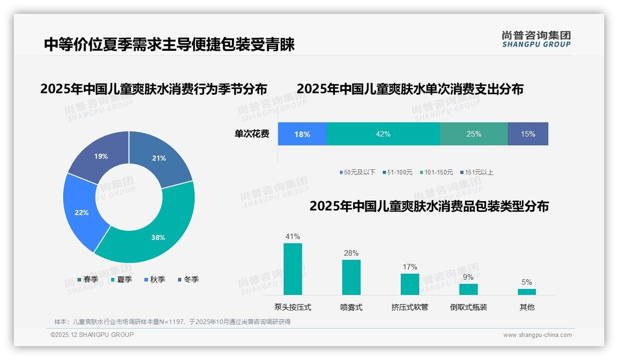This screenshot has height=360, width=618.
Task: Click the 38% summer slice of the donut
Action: coord(157,235)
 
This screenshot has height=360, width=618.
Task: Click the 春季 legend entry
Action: coord(88,279)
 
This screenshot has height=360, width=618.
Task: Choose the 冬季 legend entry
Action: coord(188,279)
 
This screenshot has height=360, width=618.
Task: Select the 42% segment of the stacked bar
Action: coord(383,134)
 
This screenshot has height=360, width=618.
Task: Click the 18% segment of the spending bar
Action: coord(302,134)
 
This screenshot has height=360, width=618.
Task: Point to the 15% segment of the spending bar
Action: coord(528,134)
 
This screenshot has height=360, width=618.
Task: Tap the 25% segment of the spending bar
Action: coord(474,134)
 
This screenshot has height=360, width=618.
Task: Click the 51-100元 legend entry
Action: coord(397,172)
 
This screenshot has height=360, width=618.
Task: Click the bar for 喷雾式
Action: coord(351,277)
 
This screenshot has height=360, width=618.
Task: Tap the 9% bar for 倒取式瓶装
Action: coord(468,289)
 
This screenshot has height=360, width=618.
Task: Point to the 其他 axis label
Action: coord(527,307)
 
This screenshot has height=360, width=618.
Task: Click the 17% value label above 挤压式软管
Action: coord(410,267)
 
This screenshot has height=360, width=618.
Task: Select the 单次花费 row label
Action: coord(252,134)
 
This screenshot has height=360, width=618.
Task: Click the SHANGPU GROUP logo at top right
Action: coord(536,39)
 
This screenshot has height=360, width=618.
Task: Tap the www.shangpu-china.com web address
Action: coord(537,335)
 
